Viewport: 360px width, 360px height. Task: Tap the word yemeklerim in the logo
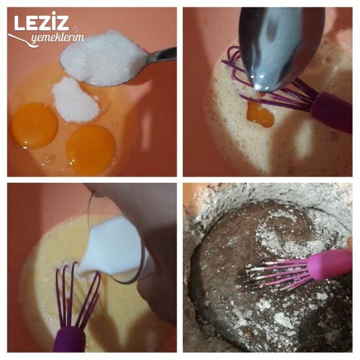(x=57, y=38)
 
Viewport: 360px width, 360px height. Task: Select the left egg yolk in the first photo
(x=34, y=125)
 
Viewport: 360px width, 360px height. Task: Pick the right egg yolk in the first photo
(x=91, y=150)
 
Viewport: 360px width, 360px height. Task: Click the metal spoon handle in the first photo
(x=161, y=56)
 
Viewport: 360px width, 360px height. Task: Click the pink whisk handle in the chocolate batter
(x=330, y=264)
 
